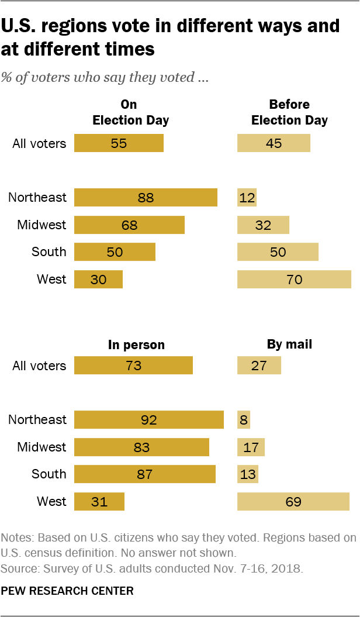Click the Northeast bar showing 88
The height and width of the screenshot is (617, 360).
[146, 198]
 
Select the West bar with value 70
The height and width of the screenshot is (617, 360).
[294, 280]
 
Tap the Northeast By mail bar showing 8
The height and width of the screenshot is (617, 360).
[244, 420]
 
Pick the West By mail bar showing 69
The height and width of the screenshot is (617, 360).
[293, 502]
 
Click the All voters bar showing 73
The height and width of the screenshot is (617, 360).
[133, 366]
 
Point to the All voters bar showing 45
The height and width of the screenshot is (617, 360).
[274, 143]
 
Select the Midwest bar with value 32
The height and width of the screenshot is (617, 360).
[263, 225]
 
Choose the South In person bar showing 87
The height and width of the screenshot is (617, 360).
[145, 474]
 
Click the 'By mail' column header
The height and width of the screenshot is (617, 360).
[289, 344]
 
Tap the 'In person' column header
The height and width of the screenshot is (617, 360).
[136, 344]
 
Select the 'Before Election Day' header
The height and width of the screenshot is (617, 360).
[289, 112]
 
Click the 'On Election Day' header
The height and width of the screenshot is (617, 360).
[131, 112]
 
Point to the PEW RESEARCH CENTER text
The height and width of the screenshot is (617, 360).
[67, 591]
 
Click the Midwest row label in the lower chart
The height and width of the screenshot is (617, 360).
[41, 447]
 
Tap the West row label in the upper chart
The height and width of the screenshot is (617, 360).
[51, 280]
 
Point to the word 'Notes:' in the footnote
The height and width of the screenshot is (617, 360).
[17, 537]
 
